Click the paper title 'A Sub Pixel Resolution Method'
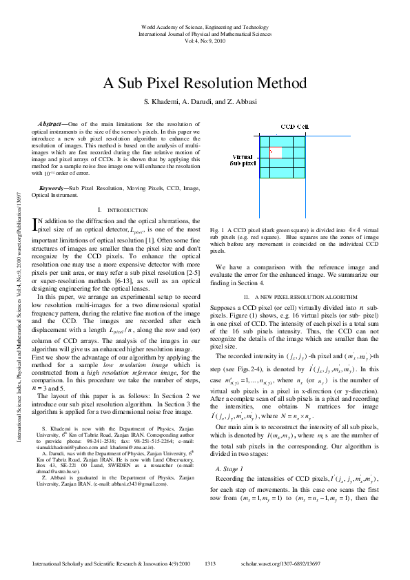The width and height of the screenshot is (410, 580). pos(205,84)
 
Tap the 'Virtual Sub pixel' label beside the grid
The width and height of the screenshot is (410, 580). pos(243,160)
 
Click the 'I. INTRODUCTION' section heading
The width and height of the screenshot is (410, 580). pos(122,209)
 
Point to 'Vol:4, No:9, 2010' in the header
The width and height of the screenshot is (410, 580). pos(205,41)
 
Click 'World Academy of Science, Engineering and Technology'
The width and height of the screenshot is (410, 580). pos(205,25)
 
